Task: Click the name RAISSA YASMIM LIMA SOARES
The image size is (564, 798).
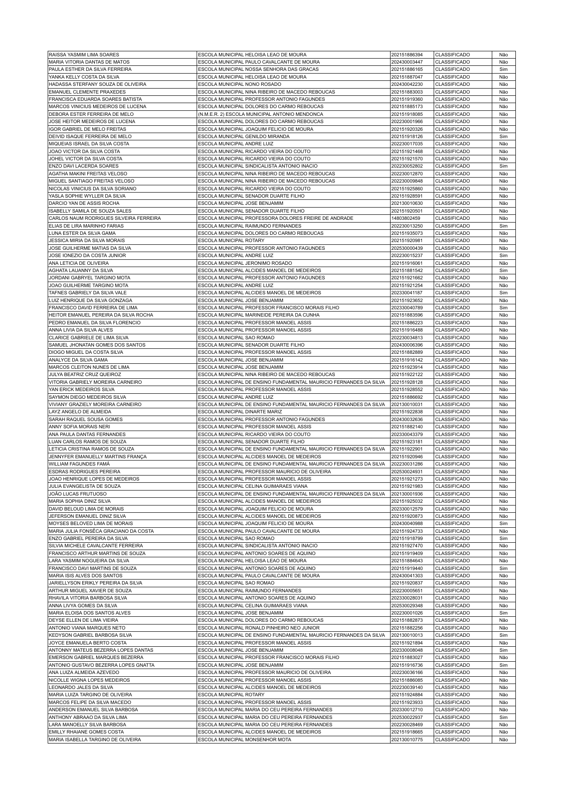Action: (x=84, y=55)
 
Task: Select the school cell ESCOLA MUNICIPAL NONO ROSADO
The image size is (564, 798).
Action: (x=239, y=84)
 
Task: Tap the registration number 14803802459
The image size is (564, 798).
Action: (x=406, y=218)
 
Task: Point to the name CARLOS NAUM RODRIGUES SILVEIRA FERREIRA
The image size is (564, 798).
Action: (x=104, y=218)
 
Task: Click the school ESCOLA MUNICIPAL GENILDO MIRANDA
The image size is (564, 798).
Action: (x=243, y=137)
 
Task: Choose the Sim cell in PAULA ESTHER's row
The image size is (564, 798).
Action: (x=503, y=69)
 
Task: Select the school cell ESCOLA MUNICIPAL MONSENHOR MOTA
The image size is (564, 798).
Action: (x=244, y=740)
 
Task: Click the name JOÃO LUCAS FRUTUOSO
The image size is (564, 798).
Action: (x=78, y=494)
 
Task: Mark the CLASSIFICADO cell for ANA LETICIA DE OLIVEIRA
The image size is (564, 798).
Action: (x=452, y=263)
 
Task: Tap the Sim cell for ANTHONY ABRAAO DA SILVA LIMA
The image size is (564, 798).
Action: (x=503, y=718)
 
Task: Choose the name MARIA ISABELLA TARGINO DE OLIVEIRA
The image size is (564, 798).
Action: (x=94, y=740)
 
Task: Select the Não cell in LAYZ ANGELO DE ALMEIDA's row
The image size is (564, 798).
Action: (x=503, y=412)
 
